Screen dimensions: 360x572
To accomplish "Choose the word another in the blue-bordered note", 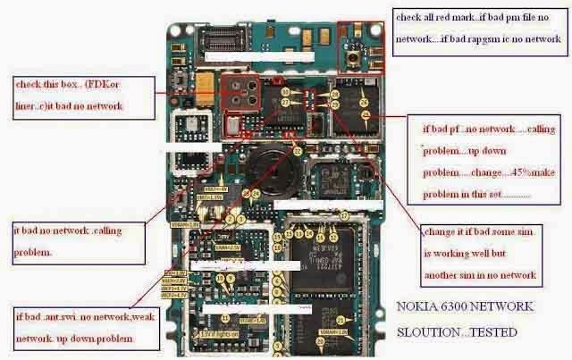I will pyautogui.click(x=451, y=275).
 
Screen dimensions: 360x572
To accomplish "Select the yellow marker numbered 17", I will pyautogui.click(x=343, y=216).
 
